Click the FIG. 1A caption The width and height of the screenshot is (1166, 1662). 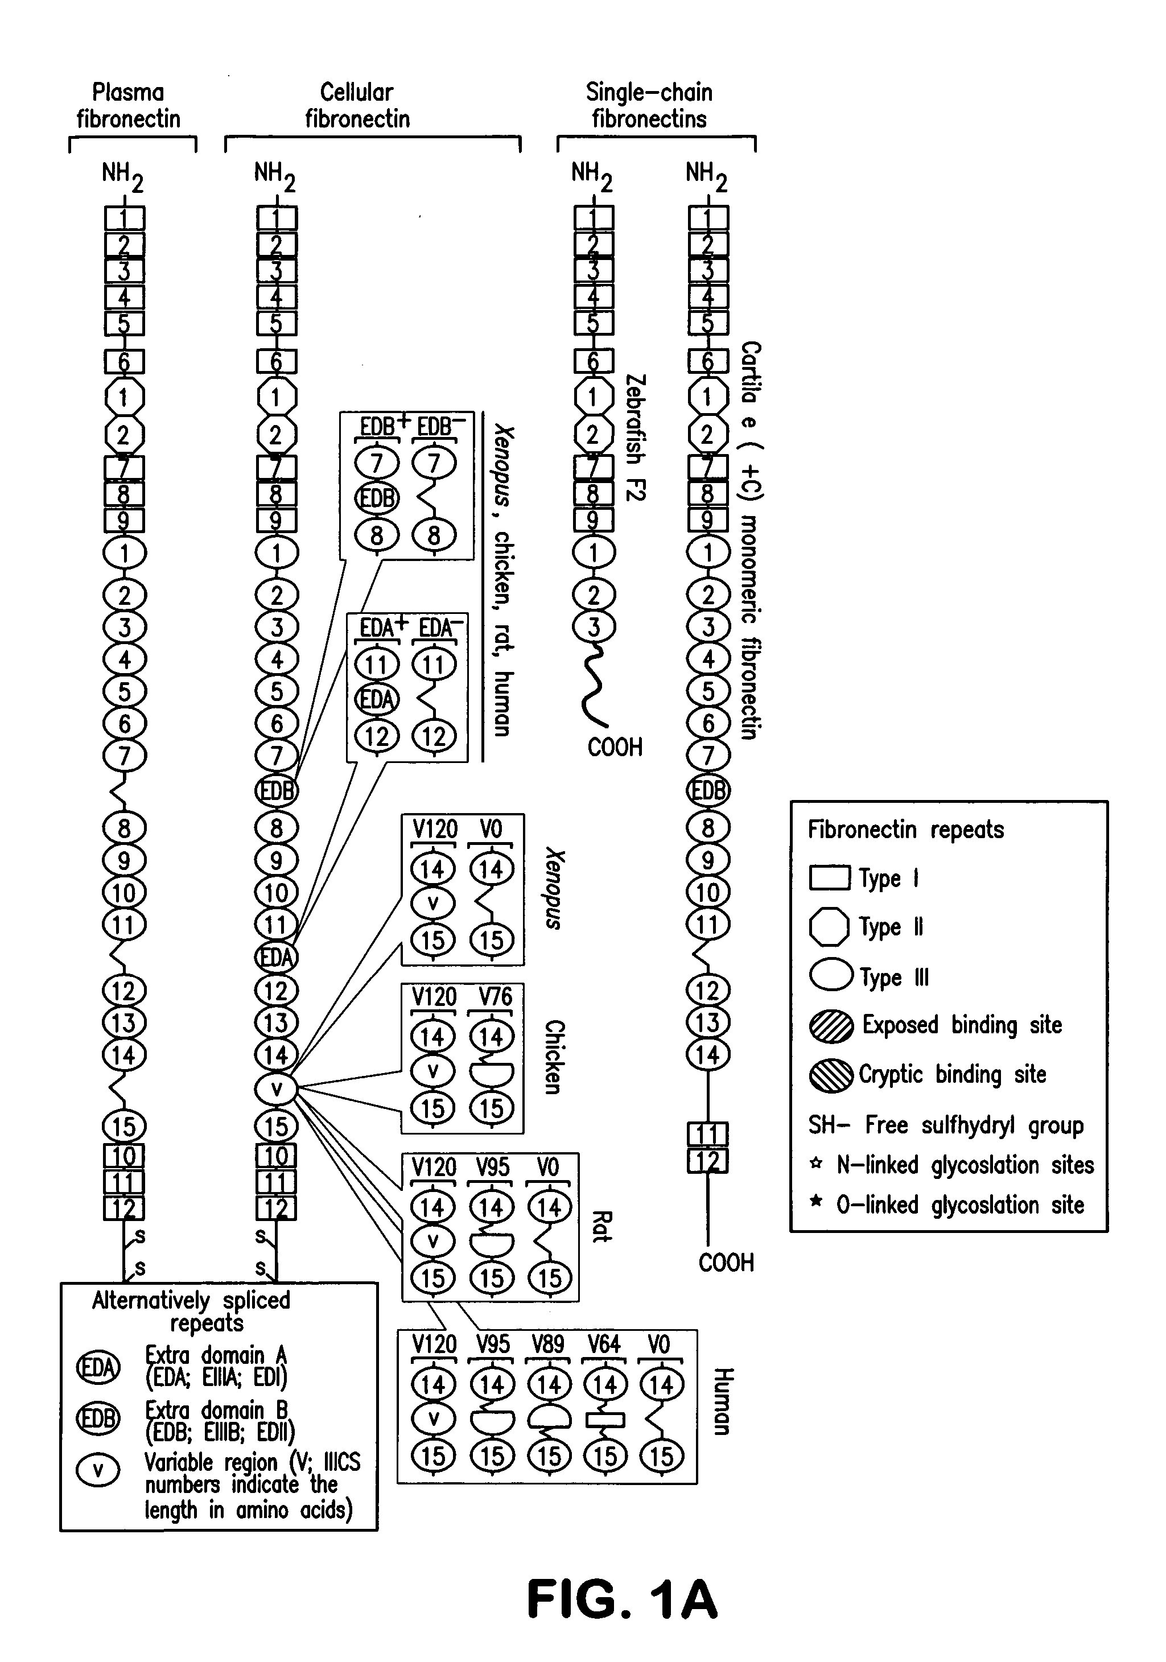623,1598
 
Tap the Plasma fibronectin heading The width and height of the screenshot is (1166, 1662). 128,106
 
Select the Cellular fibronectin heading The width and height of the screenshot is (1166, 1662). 357,106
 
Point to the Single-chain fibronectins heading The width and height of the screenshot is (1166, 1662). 649,106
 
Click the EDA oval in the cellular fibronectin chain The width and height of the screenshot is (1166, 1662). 277,957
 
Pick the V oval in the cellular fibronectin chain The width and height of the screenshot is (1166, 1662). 277,1088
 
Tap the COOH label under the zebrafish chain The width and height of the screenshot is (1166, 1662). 615,747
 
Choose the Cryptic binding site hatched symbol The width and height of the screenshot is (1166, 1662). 831,1075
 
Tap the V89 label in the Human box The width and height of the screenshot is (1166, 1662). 548,1344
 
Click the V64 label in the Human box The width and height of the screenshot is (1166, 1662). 604,1344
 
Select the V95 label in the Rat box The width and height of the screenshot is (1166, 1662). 492,1167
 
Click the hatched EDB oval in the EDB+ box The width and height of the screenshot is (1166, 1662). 376,498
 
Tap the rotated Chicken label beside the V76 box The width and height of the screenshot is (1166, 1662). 554,1057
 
